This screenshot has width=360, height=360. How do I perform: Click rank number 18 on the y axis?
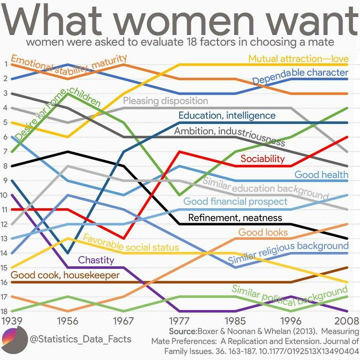point(5,311)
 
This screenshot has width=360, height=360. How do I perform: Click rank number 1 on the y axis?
point(5,64)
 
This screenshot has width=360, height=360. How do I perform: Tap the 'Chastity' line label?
point(96,260)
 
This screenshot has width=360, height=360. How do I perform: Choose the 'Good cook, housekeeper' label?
point(65,275)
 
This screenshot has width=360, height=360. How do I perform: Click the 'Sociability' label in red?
point(262,159)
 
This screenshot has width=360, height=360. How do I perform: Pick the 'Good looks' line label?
point(263,232)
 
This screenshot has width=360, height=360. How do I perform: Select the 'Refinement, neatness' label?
point(235,218)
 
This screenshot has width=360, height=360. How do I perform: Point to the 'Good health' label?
point(321,174)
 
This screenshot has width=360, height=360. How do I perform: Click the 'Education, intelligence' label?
point(227,115)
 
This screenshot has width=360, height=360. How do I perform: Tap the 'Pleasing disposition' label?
point(165,101)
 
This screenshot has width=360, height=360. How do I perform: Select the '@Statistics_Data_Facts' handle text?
point(80,339)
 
